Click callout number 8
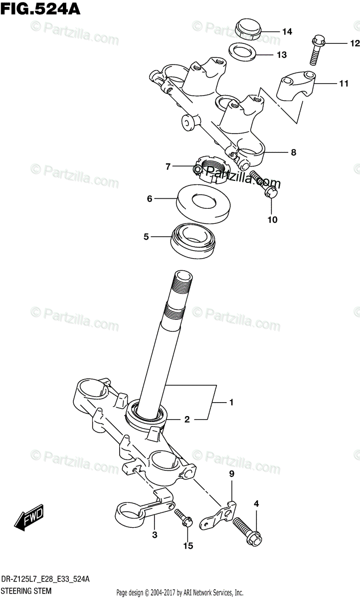293,152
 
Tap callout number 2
187,420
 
